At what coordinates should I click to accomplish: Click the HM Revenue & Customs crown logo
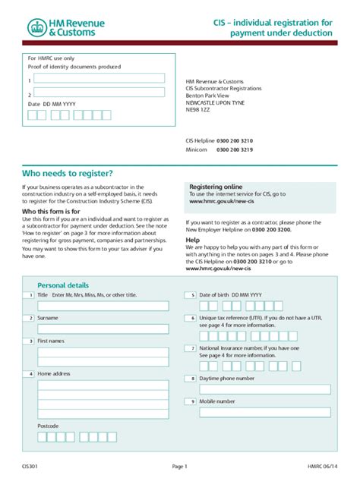(37, 28)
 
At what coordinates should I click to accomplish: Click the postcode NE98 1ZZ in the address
(197, 110)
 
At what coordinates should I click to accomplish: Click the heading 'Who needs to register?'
(68, 172)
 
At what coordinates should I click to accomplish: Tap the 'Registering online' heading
(216, 187)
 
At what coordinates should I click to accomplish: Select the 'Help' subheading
(193, 239)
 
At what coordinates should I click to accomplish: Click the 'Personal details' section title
(63, 285)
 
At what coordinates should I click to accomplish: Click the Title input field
(103, 306)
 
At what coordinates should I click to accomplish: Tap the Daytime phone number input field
(264, 389)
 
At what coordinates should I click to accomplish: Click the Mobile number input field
(264, 412)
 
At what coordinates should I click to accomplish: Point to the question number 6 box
(193, 318)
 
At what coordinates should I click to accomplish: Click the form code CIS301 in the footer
(32, 466)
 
